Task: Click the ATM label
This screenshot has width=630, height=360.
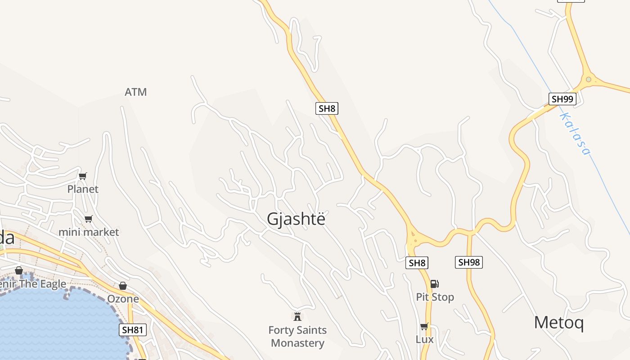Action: click(135, 92)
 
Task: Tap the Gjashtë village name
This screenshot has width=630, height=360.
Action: click(296, 219)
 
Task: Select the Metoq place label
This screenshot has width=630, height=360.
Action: click(558, 323)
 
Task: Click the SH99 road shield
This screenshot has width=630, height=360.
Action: click(562, 99)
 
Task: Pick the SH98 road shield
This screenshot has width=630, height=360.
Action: click(469, 262)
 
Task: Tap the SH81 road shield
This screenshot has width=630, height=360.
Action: click(133, 330)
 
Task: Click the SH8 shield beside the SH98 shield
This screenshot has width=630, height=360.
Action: click(417, 263)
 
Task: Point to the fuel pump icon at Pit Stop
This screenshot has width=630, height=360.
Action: click(434, 284)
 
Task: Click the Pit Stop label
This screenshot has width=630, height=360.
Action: click(435, 297)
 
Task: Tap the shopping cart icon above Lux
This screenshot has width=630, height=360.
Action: click(424, 326)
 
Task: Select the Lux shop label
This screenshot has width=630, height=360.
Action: click(424, 339)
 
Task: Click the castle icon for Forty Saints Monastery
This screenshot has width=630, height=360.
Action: click(297, 317)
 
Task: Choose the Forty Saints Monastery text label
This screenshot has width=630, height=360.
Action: click(297, 337)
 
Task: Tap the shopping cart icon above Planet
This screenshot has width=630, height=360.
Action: click(82, 176)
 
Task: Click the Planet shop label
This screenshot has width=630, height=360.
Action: click(83, 189)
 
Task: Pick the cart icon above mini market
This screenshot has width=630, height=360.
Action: click(89, 219)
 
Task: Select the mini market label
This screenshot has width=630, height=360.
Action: click(89, 232)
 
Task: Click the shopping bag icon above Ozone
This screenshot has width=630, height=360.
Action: click(122, 286)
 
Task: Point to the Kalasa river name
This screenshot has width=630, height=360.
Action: click(574, 134)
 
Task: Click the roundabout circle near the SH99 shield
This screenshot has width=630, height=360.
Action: click(588, 80)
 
